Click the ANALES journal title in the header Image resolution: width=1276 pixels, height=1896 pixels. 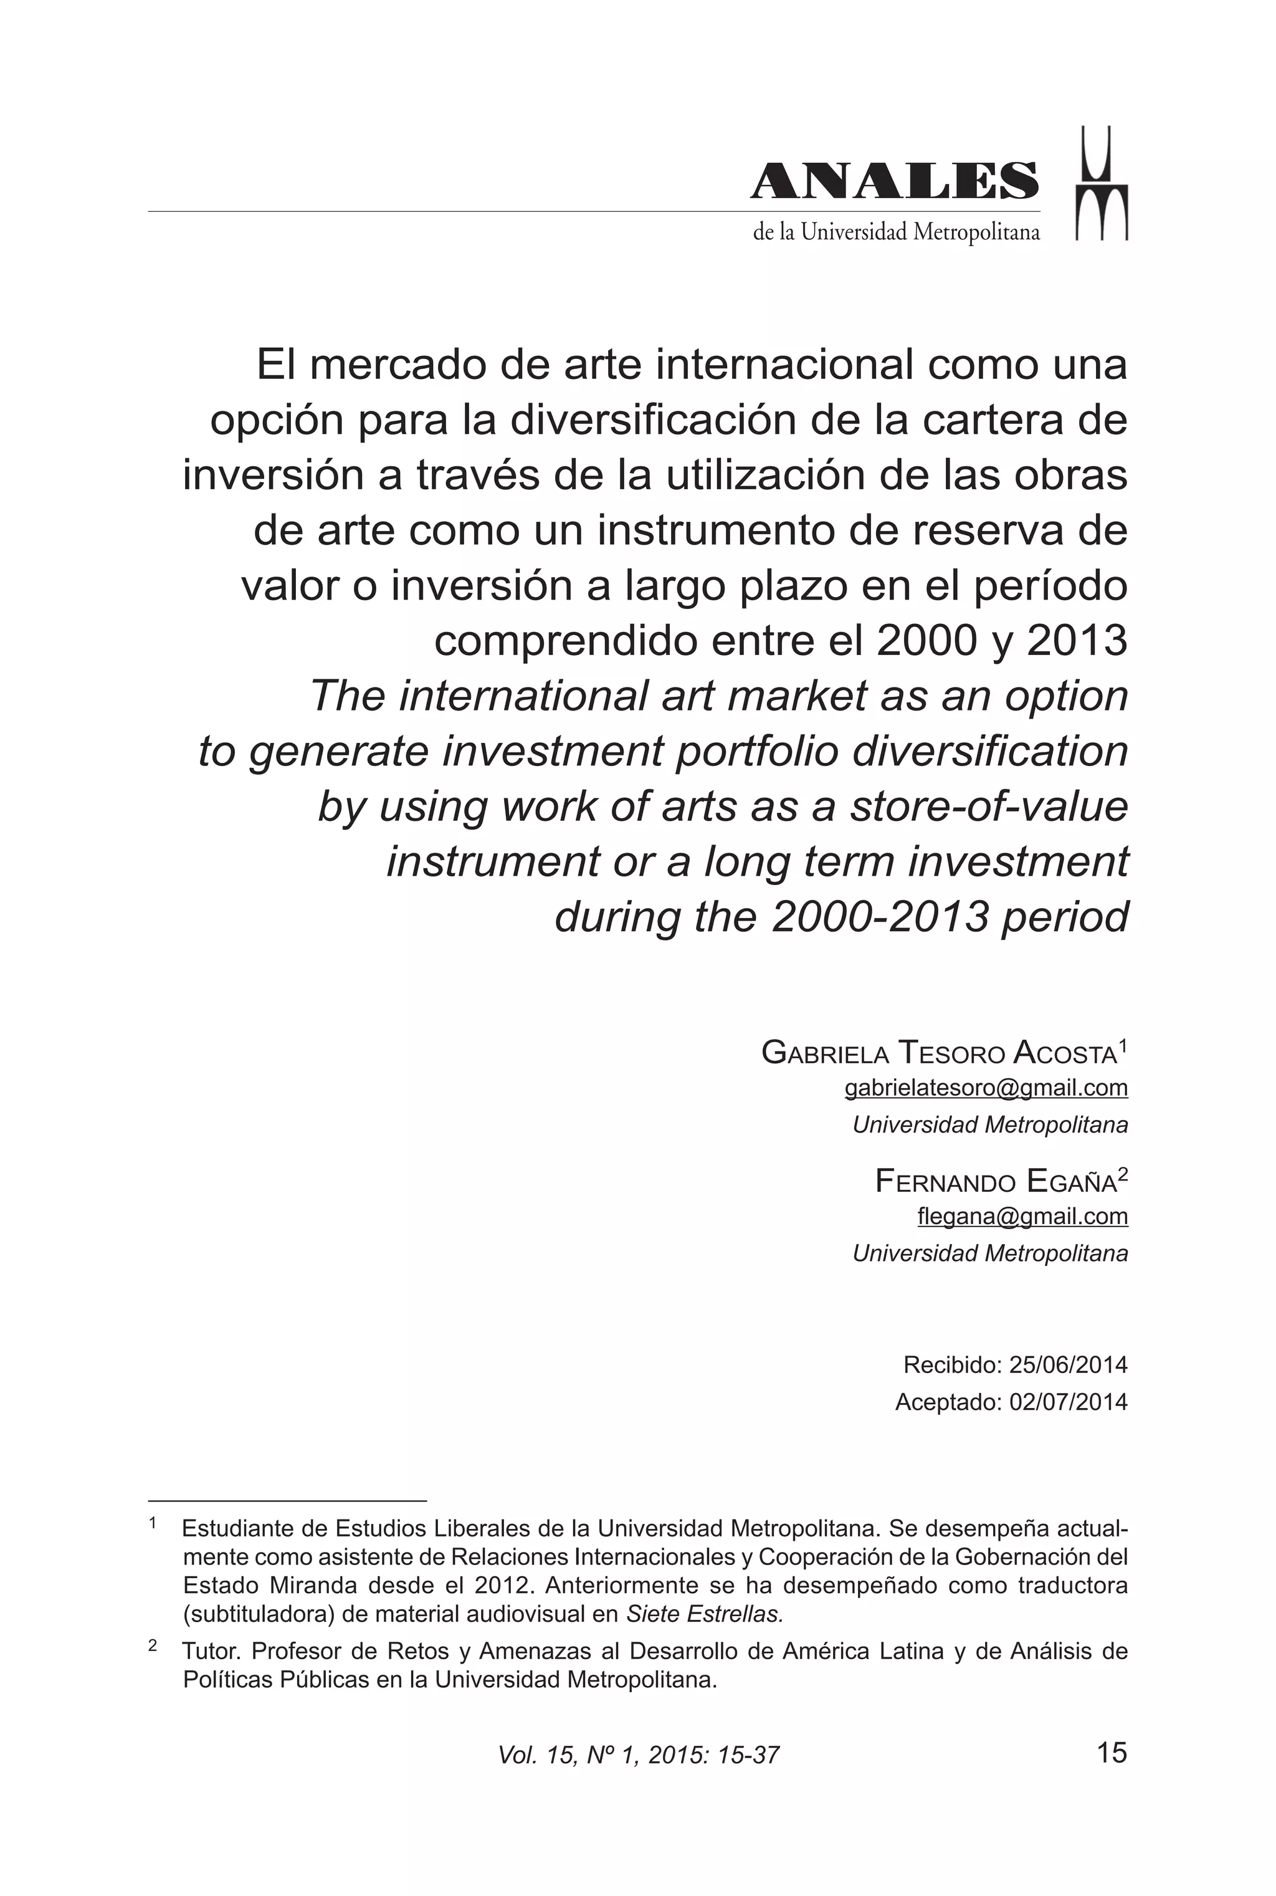tap(893, 181)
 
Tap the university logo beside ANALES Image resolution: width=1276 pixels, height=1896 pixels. tap(1102, 184)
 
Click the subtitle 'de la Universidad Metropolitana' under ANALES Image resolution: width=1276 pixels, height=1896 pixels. tap(896, 233)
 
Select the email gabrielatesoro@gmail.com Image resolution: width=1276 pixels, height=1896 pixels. tap(986, 1088)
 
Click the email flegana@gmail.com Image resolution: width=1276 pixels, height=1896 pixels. tap(1022, 1216)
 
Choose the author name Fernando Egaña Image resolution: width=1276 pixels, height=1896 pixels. tap(996, 1181)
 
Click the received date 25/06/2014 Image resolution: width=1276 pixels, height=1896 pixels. tap(1068, 1364)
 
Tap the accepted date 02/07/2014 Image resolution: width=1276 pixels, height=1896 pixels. tap(1068, 1402)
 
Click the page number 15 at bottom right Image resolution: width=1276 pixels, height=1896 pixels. tap(1112, 1752)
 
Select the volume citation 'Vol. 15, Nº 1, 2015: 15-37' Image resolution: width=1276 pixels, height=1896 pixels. tap(639, 1755)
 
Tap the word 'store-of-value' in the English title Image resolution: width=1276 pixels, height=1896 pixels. tap(989, 807)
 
